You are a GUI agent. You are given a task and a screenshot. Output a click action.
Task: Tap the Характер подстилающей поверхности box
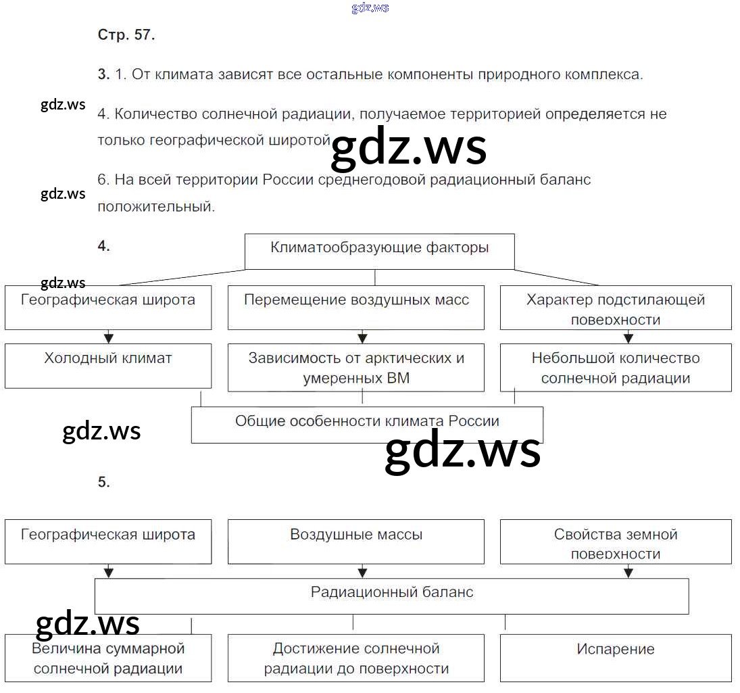616,308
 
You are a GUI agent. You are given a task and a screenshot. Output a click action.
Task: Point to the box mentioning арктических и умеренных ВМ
356,368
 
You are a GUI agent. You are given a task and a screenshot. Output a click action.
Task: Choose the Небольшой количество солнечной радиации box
616,368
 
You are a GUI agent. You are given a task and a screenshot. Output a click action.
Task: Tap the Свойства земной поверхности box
616,541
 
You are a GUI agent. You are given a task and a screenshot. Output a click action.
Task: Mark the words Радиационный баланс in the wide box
392,593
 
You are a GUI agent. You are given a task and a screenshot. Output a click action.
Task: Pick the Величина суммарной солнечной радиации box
108,659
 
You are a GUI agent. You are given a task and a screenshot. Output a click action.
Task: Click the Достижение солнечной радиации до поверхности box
356,659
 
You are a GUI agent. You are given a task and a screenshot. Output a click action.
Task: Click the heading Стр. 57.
126,36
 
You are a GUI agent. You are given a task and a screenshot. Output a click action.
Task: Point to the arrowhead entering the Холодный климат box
109,337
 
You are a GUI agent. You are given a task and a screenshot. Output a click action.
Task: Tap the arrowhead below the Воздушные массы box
362,572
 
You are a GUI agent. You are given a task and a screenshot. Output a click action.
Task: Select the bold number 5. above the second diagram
103,482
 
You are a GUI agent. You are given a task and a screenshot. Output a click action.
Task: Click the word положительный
156,207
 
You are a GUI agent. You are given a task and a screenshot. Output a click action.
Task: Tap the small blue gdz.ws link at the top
370,8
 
